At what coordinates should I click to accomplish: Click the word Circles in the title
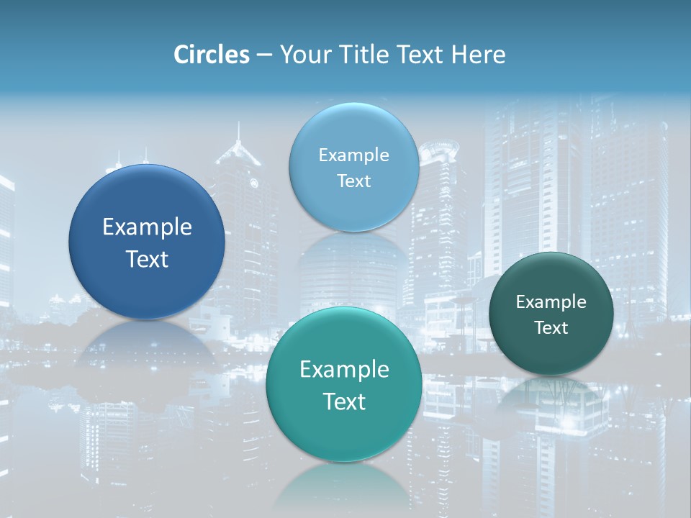pyautogui.click(x=211, y=55)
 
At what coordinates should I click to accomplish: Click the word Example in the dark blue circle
pyautogui.click(x=147, y=227)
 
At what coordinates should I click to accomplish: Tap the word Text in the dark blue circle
pyautogui.click(x=147, y=259)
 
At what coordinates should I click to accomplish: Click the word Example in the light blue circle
pyautogui.click(x=353, y=155)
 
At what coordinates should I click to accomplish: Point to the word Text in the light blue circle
pyautogui.click(x=353, y=181)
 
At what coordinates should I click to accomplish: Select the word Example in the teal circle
pyautogui.click(x=344, y=370)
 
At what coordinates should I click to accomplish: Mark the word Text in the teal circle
pyautogui.click(x=344, y=401)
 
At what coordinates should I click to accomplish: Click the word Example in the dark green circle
pyautogui.click(x=551, y=302)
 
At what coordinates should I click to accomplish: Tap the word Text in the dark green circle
pyautogui.click(x=551, y=328)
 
